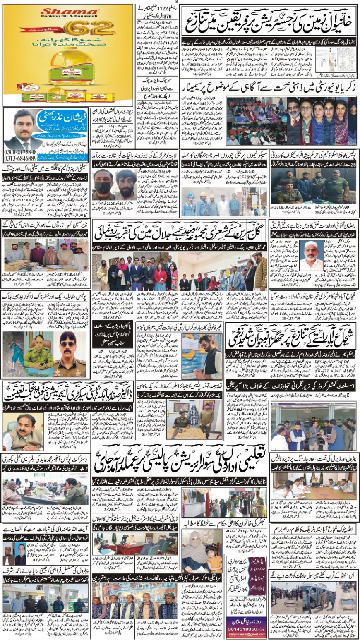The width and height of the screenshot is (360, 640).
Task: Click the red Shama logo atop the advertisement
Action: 69,12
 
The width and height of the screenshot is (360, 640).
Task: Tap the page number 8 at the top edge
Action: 177,2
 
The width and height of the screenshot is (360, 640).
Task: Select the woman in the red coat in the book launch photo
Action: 160,275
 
